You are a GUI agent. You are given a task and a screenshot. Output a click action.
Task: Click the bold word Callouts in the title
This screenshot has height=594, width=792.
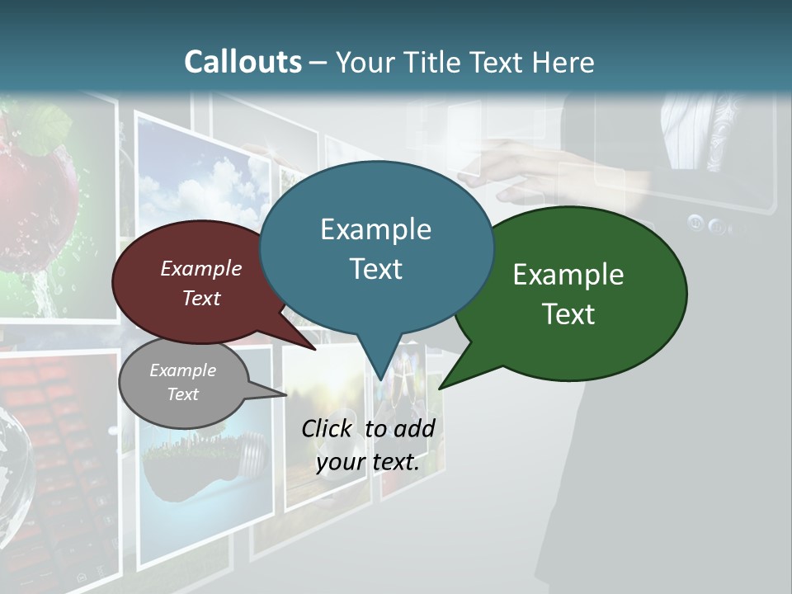pos(243,62)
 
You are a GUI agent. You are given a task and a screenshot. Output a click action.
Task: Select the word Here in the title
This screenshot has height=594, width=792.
pos(563,63)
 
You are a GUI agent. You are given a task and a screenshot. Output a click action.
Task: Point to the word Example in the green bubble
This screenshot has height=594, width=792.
pos(568,275)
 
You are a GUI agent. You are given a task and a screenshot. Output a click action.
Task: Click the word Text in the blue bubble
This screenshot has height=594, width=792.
pos(376,269)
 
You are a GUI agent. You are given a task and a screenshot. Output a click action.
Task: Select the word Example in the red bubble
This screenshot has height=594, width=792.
pos(201,268)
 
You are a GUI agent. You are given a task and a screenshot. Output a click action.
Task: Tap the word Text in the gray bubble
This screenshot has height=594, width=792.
pos(183,394)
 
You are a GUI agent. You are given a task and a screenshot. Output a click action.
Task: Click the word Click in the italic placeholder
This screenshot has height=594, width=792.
pos(327,428)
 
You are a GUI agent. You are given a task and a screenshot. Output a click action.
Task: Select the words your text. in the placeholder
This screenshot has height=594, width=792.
pos(368,462)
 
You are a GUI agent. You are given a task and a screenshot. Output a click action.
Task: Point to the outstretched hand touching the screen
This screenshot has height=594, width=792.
pos(511,165)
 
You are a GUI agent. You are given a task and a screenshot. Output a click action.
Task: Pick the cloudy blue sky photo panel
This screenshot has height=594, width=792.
pos(202,181)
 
